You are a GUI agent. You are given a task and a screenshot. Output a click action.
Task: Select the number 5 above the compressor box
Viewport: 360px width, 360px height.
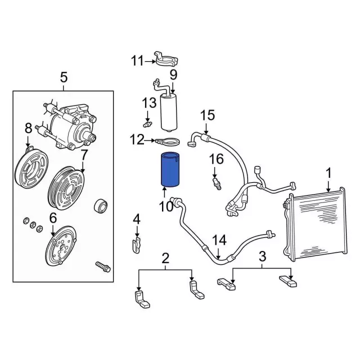tap(63, 77)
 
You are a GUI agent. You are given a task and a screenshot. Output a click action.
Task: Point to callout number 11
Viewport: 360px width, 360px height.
tap(138, 61)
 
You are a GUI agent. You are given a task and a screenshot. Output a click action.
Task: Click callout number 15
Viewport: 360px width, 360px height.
tap(207, 115)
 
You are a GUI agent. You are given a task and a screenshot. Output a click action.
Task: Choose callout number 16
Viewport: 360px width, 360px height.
tap(217, 159)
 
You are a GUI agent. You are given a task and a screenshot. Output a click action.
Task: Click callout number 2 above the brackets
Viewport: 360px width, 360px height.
tap(165, 259)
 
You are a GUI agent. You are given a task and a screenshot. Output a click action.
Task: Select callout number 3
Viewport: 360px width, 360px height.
tap(262, 257)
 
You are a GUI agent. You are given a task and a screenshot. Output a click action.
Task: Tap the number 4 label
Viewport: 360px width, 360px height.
tap(136, 219)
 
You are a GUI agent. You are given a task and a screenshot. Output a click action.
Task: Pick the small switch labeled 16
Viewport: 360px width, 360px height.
tap(216, 184)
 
